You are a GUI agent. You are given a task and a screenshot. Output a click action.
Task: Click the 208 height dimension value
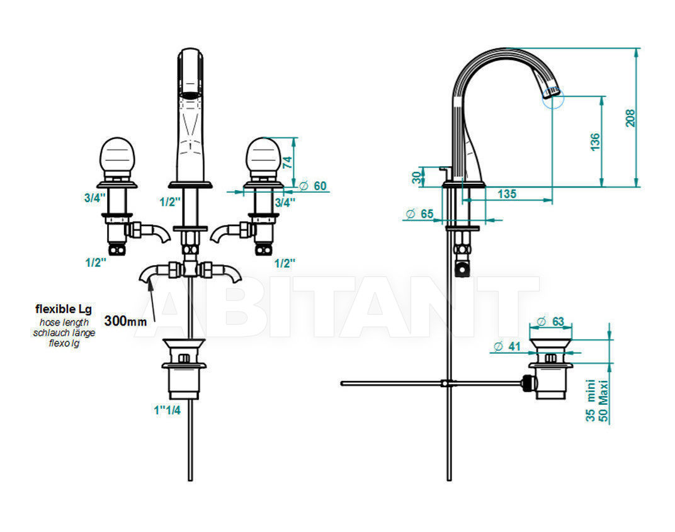(x=630, y=118)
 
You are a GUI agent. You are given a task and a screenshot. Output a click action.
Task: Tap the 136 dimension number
(x=594, y=142)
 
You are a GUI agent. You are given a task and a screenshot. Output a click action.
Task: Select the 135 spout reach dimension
(x=507, y=194)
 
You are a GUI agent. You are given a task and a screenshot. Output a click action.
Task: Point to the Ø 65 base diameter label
(x=419, y=213)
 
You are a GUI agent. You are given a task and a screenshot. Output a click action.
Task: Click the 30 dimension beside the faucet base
(x=416, y=178)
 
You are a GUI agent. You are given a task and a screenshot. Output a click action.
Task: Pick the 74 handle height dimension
(x=287, y=162)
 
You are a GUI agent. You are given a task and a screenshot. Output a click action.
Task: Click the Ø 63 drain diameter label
(x=550, y=322)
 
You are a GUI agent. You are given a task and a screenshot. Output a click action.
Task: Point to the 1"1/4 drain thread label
(x=167, y=410)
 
